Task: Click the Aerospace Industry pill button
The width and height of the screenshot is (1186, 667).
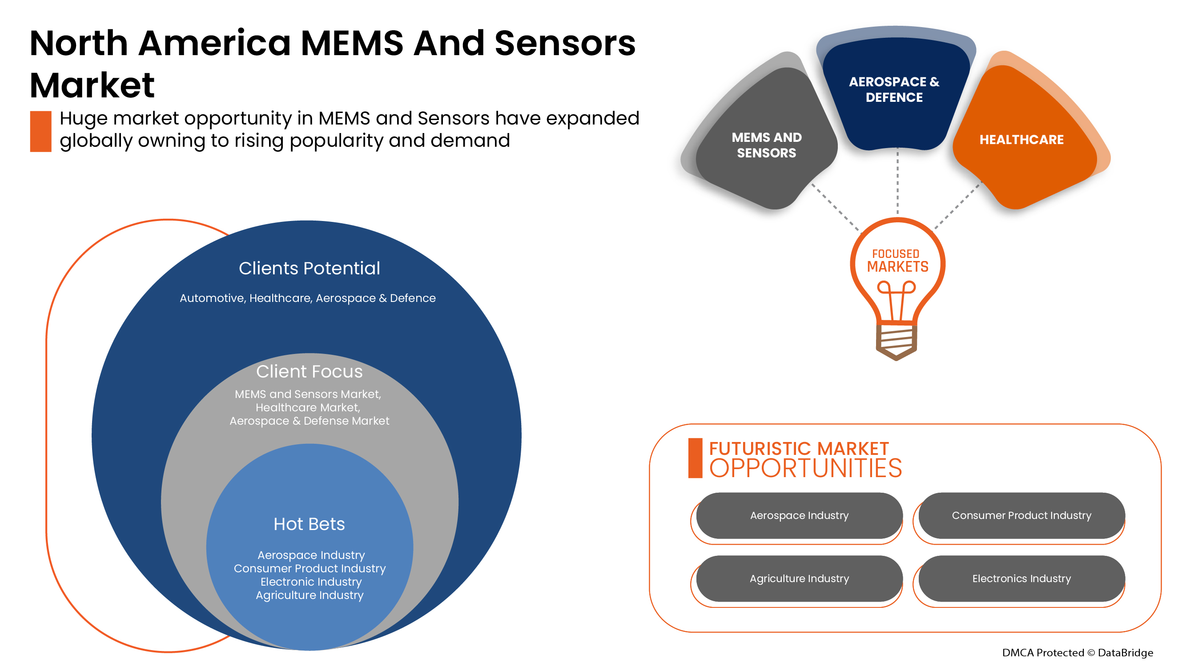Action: tap(799, 515)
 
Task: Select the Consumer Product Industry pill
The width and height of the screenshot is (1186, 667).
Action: tap(1021, 515)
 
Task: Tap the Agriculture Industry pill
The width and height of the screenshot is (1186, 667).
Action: tap(799, 579)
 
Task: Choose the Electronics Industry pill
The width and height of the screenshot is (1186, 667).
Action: tap(1021, 579)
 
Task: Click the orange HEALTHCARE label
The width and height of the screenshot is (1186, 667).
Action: tap(1021, 140)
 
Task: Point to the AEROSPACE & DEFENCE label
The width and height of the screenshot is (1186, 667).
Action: tap(894, 89)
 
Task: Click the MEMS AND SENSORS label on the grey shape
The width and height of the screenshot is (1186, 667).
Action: tap(767, 145)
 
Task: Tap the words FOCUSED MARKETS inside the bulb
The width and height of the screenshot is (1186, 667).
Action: tap(897, 261)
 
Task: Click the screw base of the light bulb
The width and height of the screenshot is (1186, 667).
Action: tap(896, 341)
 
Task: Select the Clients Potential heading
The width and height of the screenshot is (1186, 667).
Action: tap(310, 269)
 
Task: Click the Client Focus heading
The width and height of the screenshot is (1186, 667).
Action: tap(310, 371)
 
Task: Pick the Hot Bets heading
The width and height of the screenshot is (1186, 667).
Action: tap(310, 524)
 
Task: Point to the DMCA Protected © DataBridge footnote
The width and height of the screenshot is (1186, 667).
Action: tap(1077, 653)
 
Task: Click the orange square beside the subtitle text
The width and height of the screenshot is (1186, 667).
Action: tap(40, 131)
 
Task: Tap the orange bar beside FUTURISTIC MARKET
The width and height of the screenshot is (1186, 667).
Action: tap(695, 458)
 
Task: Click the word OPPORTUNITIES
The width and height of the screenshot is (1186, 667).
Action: tap(806, 469)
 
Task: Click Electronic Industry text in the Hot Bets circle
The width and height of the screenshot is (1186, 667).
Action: tap(311, 582)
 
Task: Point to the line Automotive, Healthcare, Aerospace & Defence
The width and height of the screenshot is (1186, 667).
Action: tap(308, 298)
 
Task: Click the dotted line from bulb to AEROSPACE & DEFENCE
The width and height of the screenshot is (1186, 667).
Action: tap(897, 184)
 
